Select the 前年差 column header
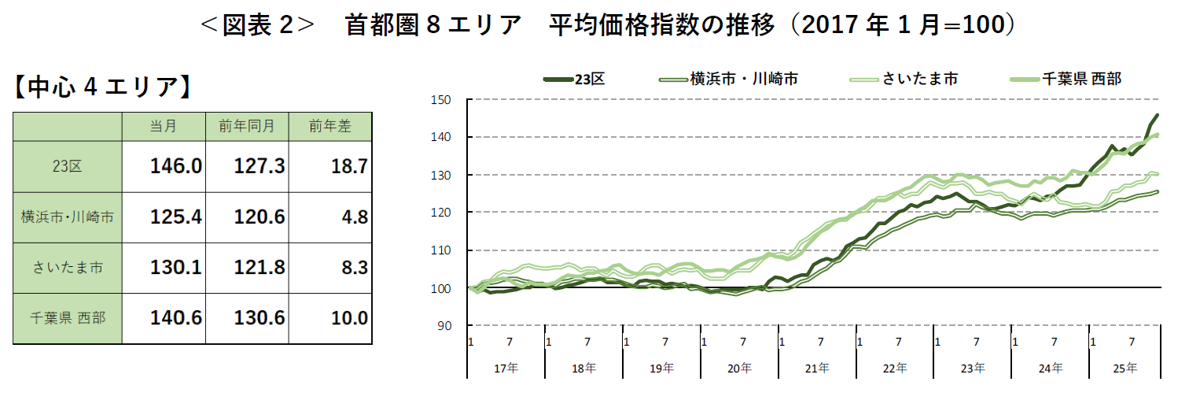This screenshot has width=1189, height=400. coord(330,126)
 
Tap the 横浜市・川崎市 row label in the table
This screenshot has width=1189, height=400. coord(68,217)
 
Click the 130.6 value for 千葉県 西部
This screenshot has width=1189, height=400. coord(259,318)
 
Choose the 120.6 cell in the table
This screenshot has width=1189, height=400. coord(259,217)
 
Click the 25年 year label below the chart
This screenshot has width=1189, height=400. coord(1125,368)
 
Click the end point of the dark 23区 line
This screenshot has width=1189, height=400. coord(1157,115)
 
